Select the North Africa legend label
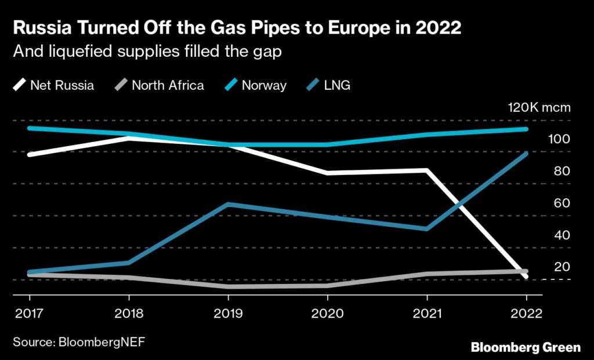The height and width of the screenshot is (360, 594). coord(168,86)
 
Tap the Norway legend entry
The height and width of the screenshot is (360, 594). coord(264,86)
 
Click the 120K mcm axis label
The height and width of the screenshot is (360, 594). coord(539,108)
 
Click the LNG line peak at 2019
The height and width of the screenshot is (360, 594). coord(228,205)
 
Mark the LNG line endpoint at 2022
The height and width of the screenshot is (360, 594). coord(526,154)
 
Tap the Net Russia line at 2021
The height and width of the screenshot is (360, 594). coord(427,170)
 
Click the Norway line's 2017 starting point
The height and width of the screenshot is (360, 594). coord(29,128)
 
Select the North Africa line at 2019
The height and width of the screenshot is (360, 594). coord(228,286)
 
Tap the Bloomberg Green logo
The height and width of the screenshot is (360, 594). coord(525,347)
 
